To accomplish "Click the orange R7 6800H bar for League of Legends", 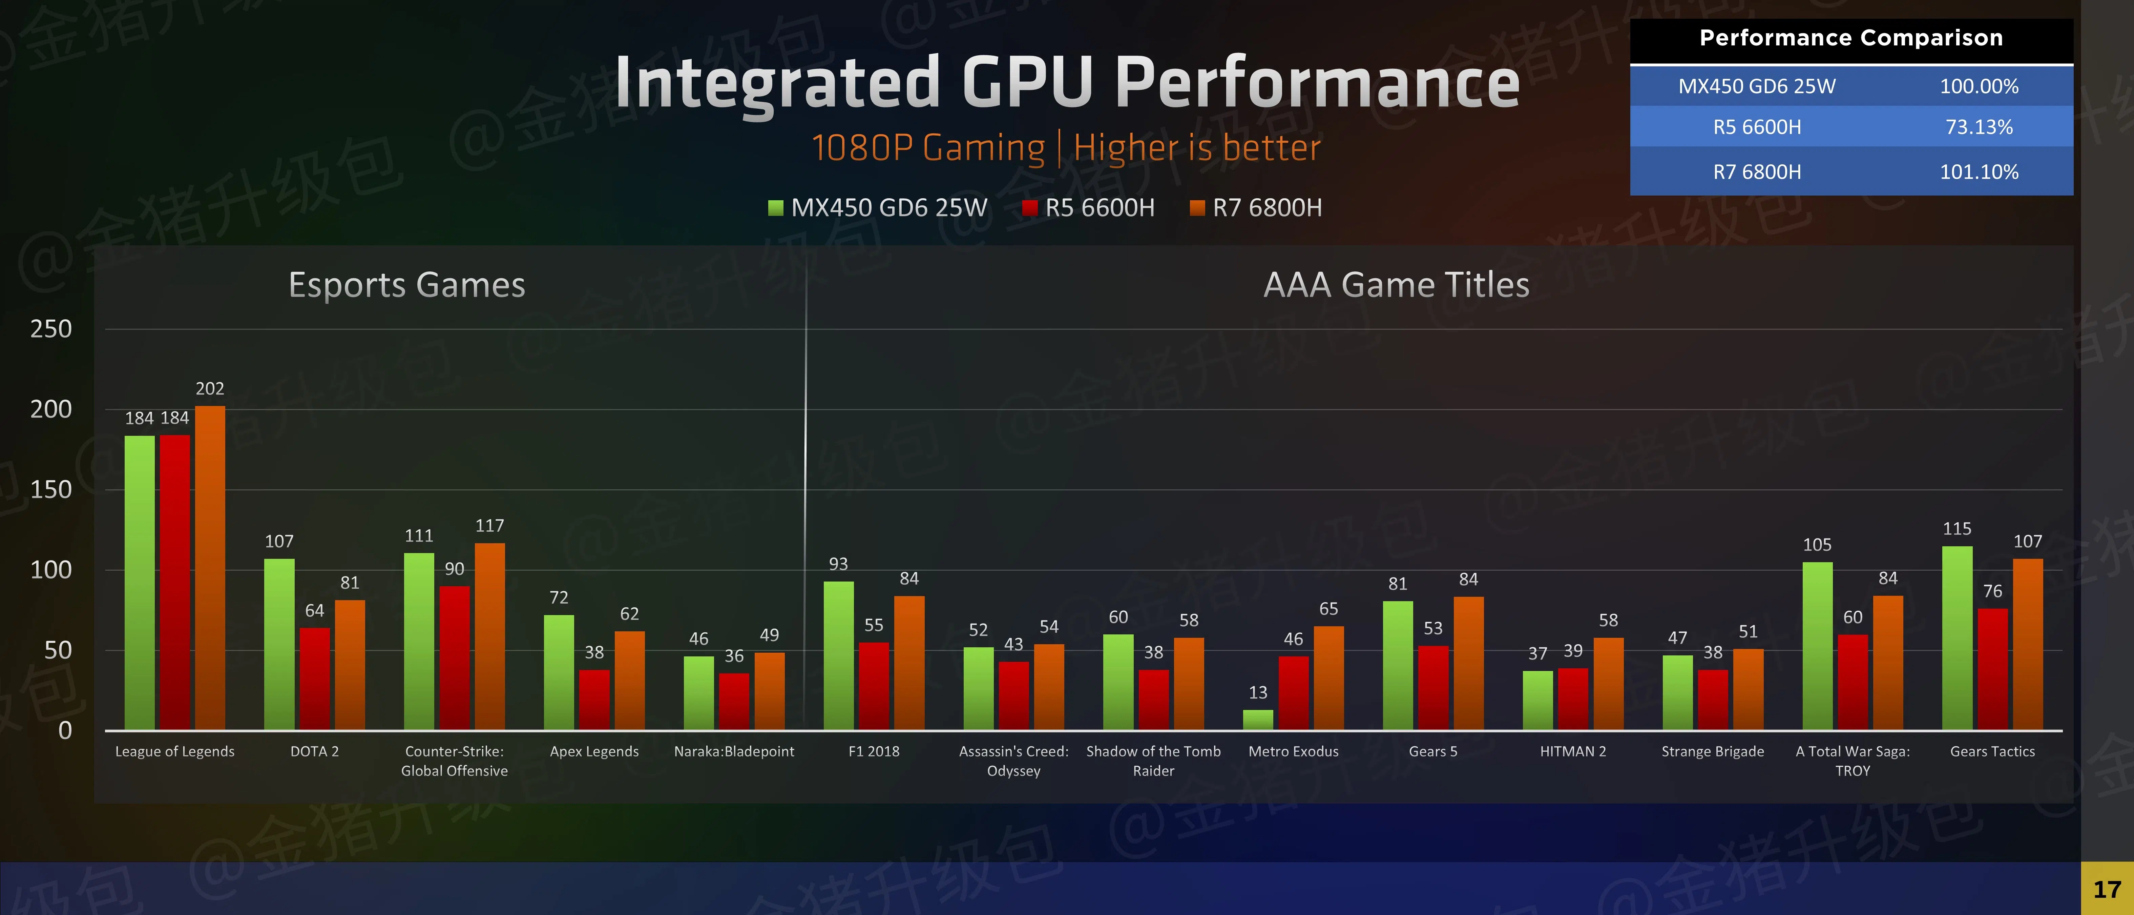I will point(210,568).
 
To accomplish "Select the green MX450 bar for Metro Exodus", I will point(1257,719).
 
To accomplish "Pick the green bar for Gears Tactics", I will point(1957,638).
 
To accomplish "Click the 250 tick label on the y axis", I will point(51,329).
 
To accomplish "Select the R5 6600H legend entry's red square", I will point(1030,208).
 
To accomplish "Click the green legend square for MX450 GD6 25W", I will point(775,208).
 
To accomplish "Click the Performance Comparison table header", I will point(1851,38).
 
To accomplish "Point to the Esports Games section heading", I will point(407,285).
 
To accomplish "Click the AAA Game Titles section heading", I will point(1396,285).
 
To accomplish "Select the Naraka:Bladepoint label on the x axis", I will point(734,752).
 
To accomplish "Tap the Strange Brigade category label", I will point(1712,752).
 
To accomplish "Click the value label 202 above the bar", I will point(210,389).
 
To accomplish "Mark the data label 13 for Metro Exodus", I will point(1257,692).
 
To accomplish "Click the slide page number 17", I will point(2107,889).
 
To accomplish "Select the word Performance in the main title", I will point(1317,83).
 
